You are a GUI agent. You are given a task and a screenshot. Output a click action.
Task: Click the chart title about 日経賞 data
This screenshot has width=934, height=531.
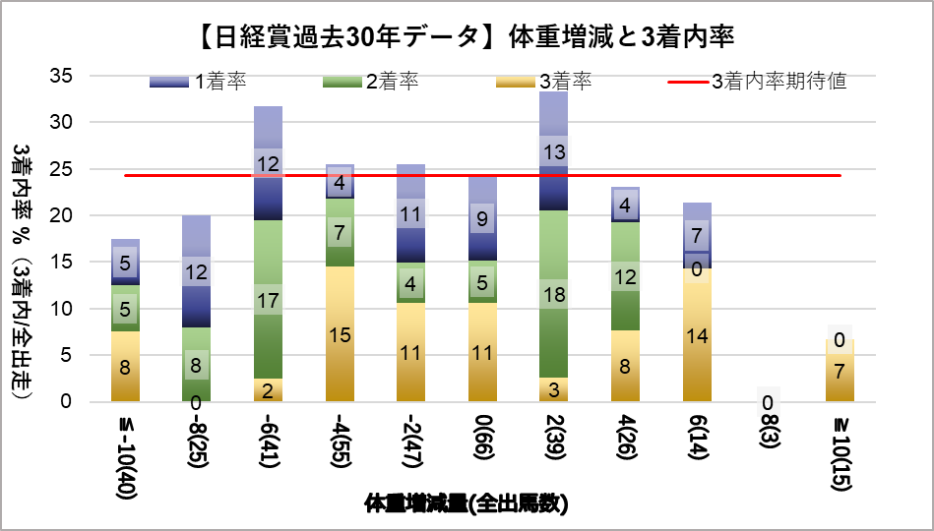coord(467,37)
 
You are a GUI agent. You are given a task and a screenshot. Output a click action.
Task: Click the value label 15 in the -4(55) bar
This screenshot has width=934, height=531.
coord(340,334)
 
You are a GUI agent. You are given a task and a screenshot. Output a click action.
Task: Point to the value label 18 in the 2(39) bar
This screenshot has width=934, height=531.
coord(553,294)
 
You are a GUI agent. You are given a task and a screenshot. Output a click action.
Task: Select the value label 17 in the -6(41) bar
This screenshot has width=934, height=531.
coord(269,301)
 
